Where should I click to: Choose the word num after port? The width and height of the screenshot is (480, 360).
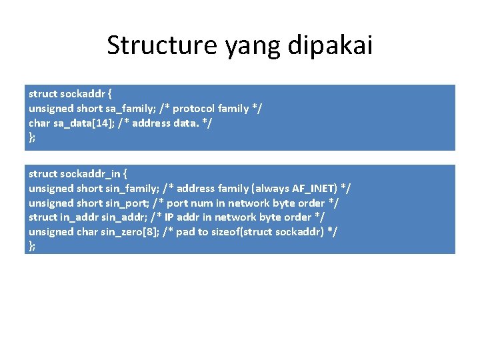point(205,203)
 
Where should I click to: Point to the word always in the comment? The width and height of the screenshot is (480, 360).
point(269,188)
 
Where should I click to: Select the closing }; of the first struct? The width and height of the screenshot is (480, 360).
point(32,137)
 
